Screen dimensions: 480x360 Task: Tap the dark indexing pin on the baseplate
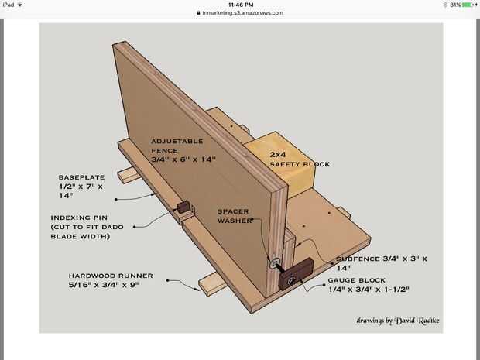click(x=183, y=207)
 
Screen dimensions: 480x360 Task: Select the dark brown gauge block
click(x=296, y=274)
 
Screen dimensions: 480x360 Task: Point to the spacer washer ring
click(x=273, y=262)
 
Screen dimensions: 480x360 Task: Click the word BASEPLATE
click(x=81, y=177)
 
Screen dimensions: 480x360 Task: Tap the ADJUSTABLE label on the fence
click(x=177, y=142)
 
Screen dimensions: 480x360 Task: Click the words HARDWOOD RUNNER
click(x=111, y=276)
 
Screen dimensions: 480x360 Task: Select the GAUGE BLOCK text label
click(x=357, y=280)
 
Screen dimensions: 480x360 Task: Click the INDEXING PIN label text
click(x=79, y=218)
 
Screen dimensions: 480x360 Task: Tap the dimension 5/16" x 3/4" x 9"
click(x=104, y=285)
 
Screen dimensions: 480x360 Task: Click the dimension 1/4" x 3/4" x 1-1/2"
click(x=369, y=290)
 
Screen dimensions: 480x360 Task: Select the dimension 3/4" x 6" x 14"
click(x=183, y=159)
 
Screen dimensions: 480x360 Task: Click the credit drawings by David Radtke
click(x=398, y=321)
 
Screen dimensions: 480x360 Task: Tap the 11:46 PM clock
click(x=241, y=5)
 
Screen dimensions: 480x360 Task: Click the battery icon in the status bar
click(x=467, y=5)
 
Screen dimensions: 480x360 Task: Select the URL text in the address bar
click(x=242, y=13)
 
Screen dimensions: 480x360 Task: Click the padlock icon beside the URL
click(x=198, y=13)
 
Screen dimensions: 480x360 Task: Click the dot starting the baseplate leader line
click(x=116, y=199)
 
